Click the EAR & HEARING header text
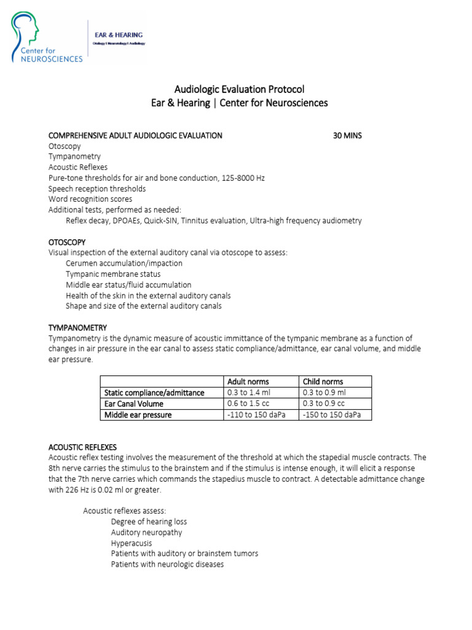[118, 34]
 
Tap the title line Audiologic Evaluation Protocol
[239, 89]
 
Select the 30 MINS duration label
[347, 135]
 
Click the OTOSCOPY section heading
[67, 242]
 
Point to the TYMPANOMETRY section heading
[77, 327]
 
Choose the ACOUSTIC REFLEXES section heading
[82, 447]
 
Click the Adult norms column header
[248, 381]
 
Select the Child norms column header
[323, 381]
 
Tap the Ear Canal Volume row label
[134, 404]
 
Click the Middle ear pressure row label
[138, 415]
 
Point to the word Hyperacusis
[131, 544]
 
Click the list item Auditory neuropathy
[146, 533]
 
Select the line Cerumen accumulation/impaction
[124, 263]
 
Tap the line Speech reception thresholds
[97, 188]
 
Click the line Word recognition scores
[90, 199]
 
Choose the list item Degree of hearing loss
[149, 522]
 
